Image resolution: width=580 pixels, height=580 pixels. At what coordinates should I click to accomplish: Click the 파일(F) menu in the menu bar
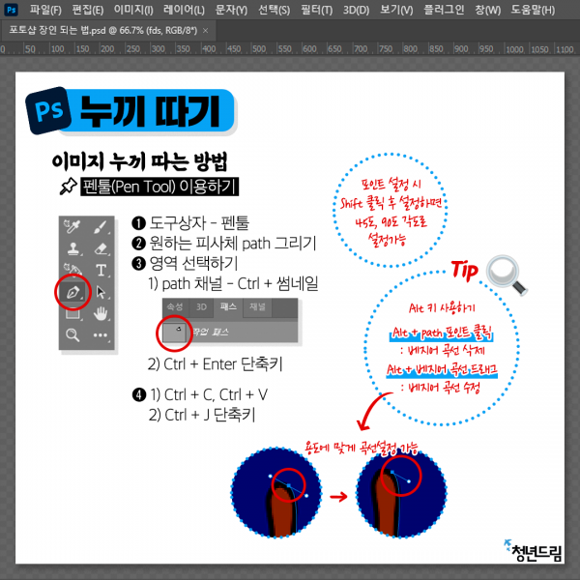(45, 10)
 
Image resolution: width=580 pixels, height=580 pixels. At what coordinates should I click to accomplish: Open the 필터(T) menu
(316, 10)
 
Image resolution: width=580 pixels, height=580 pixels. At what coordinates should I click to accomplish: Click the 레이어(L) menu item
(184, 10)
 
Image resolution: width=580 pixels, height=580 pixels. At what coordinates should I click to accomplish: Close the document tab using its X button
(205, 30)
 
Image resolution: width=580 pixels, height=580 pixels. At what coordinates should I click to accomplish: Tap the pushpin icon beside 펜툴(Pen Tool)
(69, 186)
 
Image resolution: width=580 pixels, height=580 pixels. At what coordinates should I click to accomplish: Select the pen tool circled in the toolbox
(72, 289)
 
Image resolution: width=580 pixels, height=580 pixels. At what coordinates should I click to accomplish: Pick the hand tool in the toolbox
(101, 312)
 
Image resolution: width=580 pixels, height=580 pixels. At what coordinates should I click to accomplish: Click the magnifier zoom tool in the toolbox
(72, 334)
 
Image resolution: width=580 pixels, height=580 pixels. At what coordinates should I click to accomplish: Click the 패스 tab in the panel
(228, 305)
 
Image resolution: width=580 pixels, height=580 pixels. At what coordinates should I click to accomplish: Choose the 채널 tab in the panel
(258, 305)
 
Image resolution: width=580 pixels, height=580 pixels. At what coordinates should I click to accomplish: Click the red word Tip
(467, 268)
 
